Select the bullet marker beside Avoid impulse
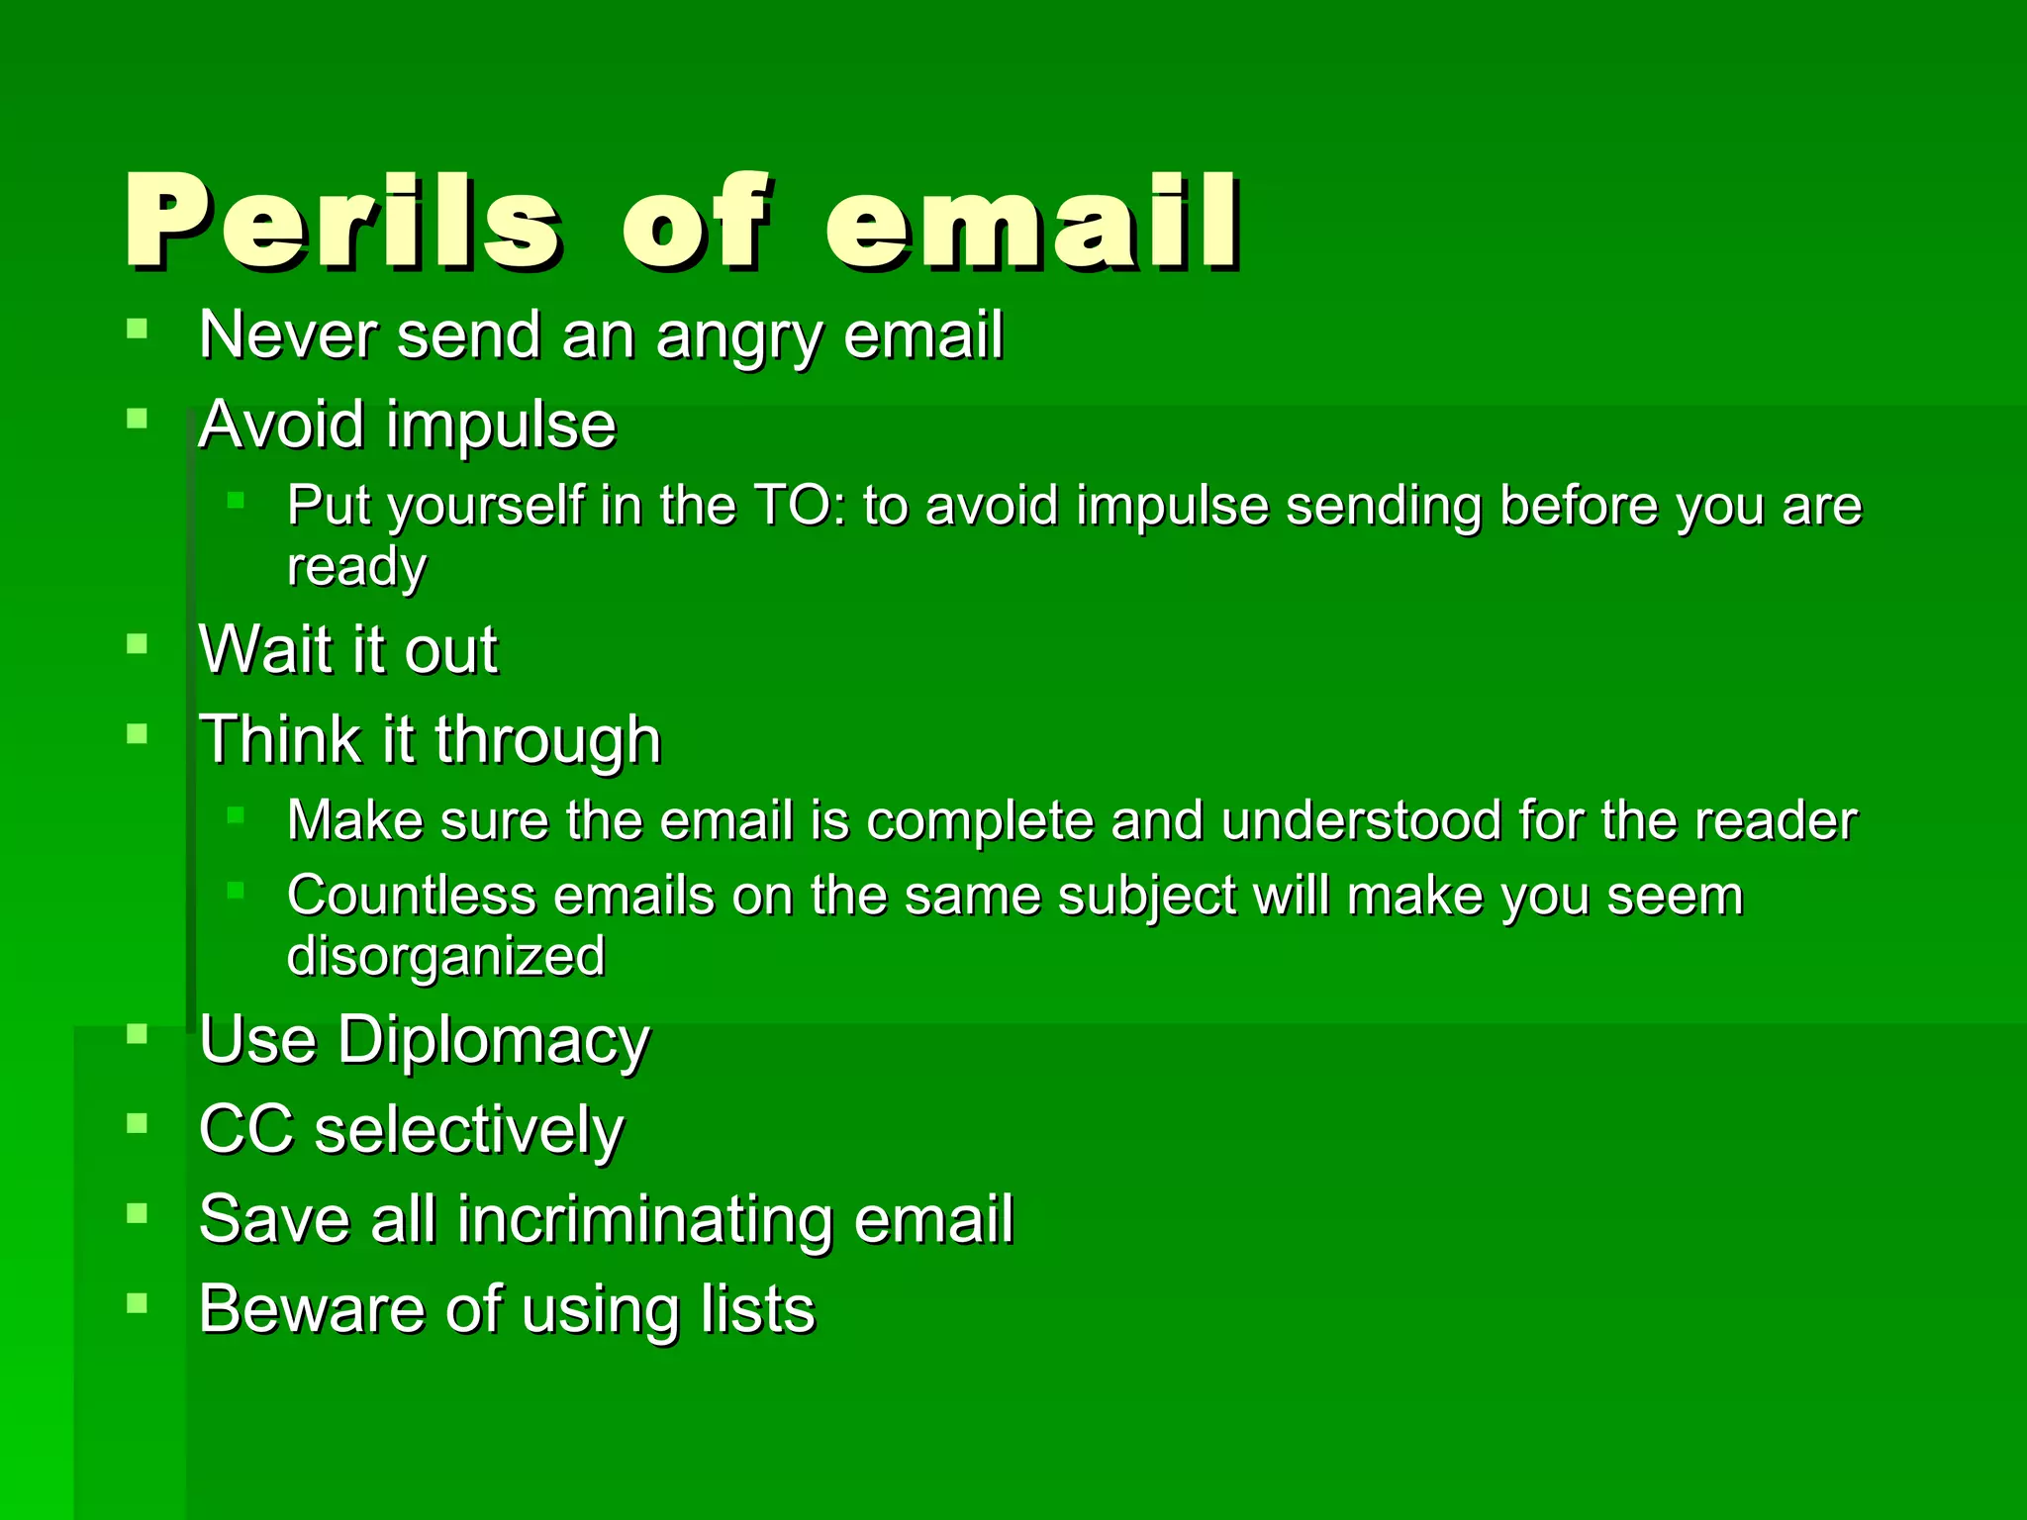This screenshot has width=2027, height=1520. pos(138,419)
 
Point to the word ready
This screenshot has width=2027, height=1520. pos(356,567)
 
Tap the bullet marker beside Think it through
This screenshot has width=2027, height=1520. pos(138,733)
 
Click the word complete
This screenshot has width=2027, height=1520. pos(980,820)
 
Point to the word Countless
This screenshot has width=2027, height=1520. pos(411,896)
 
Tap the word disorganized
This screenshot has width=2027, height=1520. pos(445,957)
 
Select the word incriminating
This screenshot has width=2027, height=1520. pos(644,1219)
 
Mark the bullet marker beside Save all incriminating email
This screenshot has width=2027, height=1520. pos(138,1212)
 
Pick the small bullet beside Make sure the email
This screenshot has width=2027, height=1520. pos(236,814)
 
